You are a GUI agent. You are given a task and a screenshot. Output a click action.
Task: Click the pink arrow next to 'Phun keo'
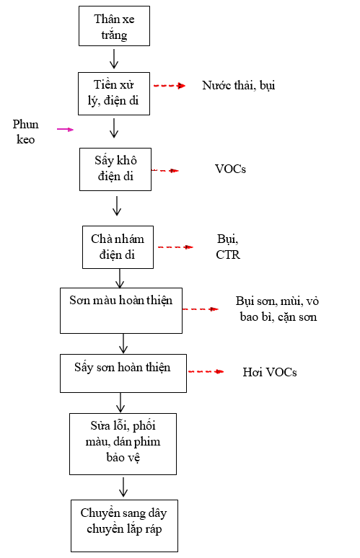(65, 129)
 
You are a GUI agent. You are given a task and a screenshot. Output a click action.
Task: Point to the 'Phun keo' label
(26, 132)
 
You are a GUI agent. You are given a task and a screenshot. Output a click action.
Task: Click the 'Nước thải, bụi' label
(239, 85)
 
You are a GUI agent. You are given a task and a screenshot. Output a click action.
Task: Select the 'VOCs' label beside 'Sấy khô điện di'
(230, 169)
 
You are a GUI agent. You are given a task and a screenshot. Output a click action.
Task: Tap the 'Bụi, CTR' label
(228, 247)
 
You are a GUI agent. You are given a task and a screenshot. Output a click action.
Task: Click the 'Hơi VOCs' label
(270, 372)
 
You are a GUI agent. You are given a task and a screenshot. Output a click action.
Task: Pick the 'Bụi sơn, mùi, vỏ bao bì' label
(277, 309)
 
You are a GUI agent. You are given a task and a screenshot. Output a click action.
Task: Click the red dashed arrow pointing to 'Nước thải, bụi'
(170, 86)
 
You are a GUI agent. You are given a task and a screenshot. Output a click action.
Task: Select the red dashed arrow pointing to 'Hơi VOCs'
(206, 371)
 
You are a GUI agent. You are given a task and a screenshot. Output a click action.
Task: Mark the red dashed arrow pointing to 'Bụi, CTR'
(175, 247)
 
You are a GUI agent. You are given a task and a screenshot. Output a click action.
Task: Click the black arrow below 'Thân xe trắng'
(114, 58)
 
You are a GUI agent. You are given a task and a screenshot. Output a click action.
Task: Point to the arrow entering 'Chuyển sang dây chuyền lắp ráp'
(123, 487)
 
